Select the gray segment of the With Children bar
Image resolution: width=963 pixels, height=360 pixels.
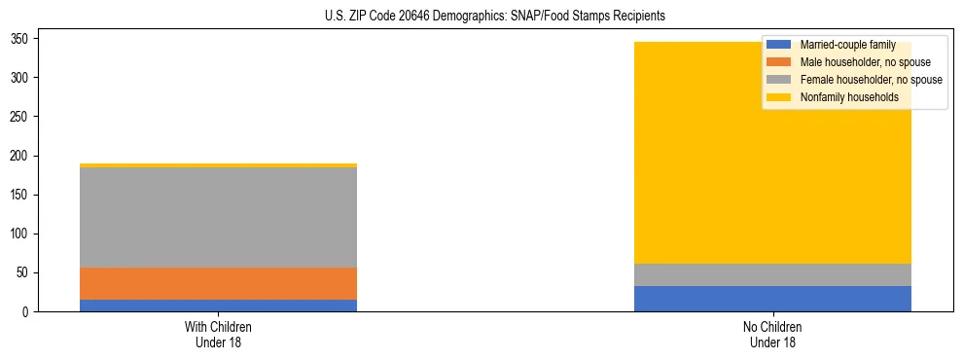tap(218, 217)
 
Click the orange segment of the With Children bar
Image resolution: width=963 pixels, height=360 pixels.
tap(218, 283)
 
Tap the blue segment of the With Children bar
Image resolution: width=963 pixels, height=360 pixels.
tap(218, 306)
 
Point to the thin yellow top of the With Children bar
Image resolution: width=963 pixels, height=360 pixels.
tap(218, 165)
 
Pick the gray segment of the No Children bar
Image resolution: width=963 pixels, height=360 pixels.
tap(772, 274)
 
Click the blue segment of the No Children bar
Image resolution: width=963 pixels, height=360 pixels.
tap(772, 299)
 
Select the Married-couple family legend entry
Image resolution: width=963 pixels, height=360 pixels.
tap(846, 45)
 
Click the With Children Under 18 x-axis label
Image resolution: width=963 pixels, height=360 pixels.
tap(218, 335)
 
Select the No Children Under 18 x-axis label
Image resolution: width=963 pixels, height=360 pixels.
tap(772, 335)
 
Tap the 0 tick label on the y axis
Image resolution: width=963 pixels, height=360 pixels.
tap(31, 312)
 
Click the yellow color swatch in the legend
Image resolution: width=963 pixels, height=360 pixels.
tap(779, 97)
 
